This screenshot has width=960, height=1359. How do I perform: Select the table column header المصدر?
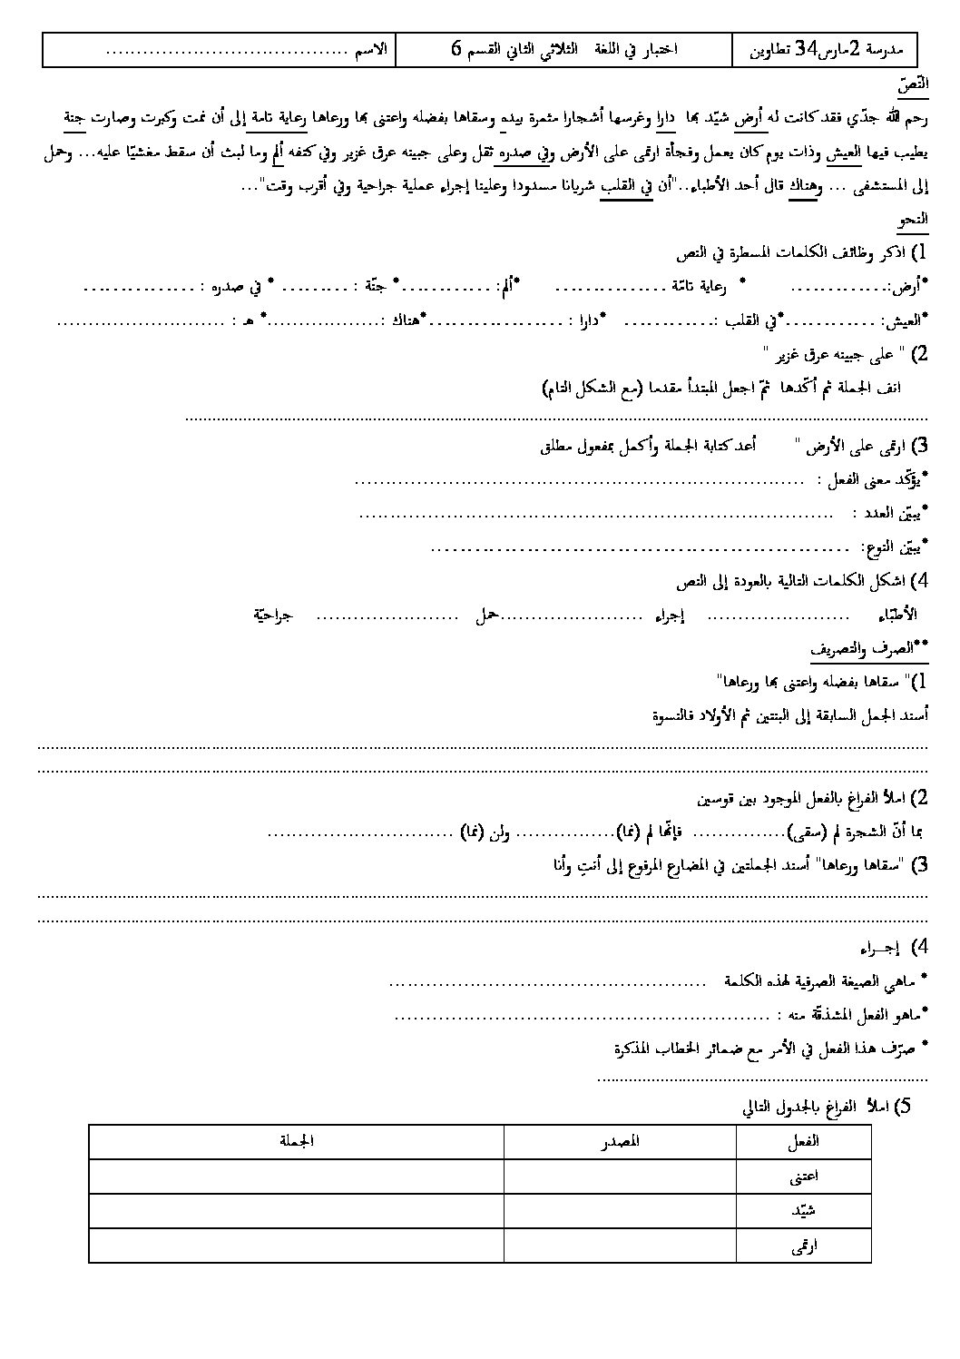click(x=620, y=1141)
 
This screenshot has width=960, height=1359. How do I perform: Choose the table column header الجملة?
click(x=297, y=1141)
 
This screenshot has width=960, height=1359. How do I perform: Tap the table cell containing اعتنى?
click(x=804, y=1177)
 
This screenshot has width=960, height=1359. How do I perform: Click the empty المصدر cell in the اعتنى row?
click(x=620, y=1177)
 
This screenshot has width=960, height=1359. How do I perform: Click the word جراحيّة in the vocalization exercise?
click(x=272, y=615)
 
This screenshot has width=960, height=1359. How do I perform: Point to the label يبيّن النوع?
click(x=894, y=547)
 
